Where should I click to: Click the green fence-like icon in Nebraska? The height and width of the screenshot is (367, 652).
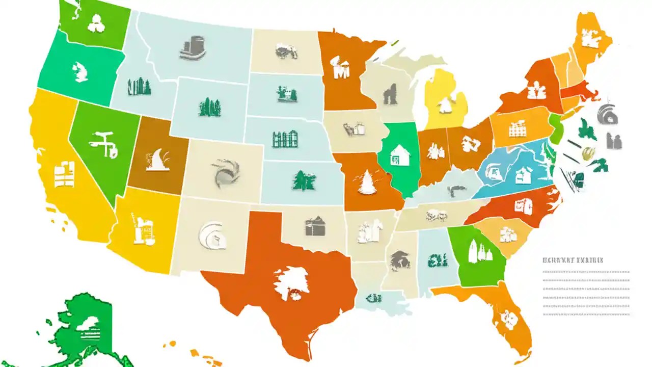coord(284,139)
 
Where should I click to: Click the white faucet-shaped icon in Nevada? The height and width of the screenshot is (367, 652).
coord(104,142)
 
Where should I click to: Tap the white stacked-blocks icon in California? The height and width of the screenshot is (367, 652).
coord(65,174)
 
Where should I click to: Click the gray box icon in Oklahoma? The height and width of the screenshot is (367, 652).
coord(314,226)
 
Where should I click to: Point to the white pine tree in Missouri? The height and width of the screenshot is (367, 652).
coord(367,182)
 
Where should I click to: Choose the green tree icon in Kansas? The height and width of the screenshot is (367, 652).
coord(304,180)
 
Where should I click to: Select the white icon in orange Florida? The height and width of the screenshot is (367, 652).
coord(508,317)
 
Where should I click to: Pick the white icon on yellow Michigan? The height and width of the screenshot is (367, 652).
coord(446,104)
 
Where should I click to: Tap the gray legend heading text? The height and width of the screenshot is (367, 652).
coord(573,260)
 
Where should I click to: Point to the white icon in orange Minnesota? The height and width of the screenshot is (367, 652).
coord(340,68)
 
